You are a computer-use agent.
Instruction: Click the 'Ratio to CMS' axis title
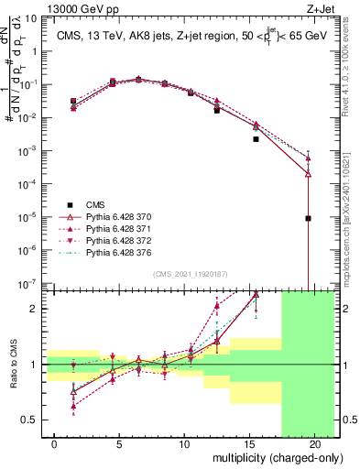13,365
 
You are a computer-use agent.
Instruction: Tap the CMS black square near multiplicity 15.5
256,139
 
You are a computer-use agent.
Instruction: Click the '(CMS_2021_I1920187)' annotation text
191,274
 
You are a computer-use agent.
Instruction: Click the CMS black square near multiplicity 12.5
217,110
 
